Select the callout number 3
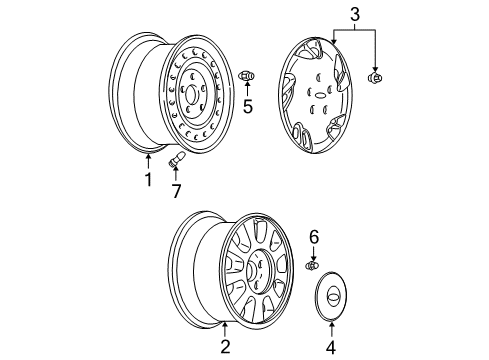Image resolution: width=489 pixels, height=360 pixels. click(353, 13)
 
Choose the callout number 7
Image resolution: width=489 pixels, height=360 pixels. click(177, 190)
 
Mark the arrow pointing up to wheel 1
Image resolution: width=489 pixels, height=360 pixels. click(148, 161)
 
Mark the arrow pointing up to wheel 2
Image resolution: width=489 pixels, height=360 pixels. click(225, 331)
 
